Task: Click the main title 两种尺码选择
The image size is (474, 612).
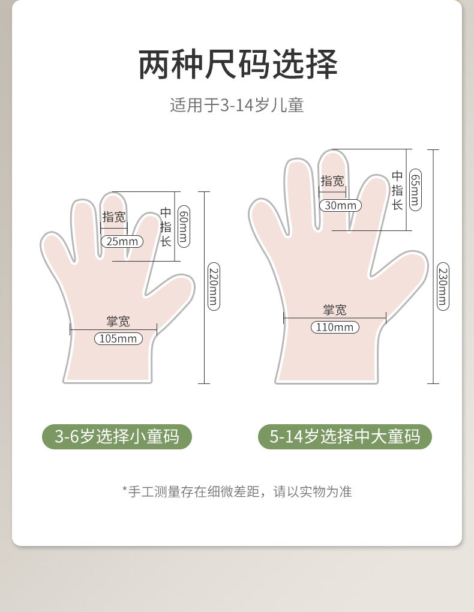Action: coord(238,64)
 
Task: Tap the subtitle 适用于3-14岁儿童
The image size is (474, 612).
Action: coord(236,106)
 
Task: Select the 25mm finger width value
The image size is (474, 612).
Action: coord(122,241)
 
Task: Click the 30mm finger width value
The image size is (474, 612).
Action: coord(340,205)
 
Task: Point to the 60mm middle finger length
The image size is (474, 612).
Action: coord(184,226)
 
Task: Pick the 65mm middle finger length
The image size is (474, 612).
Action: coord(415,190)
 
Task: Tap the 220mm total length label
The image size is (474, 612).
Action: coord(214,286)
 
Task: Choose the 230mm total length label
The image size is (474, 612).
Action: coord(443,286)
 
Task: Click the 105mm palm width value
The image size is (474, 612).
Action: coord(118,338)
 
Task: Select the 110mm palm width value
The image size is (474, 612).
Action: coord(335,327)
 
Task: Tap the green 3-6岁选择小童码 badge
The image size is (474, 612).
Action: coord(117,436)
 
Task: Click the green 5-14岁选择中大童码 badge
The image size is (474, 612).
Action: coord(345,436)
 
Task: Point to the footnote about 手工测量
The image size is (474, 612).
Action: coord(237,491)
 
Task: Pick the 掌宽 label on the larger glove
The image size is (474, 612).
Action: coord(335,310)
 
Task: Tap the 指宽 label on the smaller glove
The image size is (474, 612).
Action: coord(114,217)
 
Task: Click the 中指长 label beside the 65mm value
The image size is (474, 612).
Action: coord(397,190)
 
